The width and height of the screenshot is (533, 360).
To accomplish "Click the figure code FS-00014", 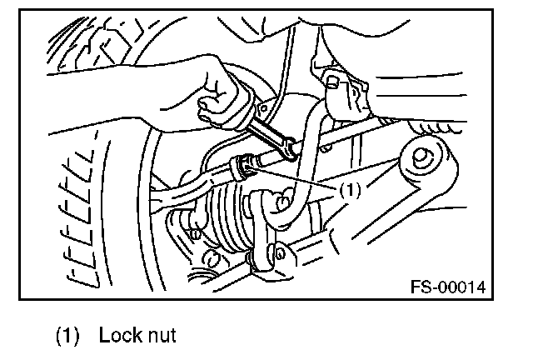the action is [x=447, y=287].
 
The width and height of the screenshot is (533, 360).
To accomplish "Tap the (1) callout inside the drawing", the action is [x=349, y=189].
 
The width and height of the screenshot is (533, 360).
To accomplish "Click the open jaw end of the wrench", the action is [x=291, y=149].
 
